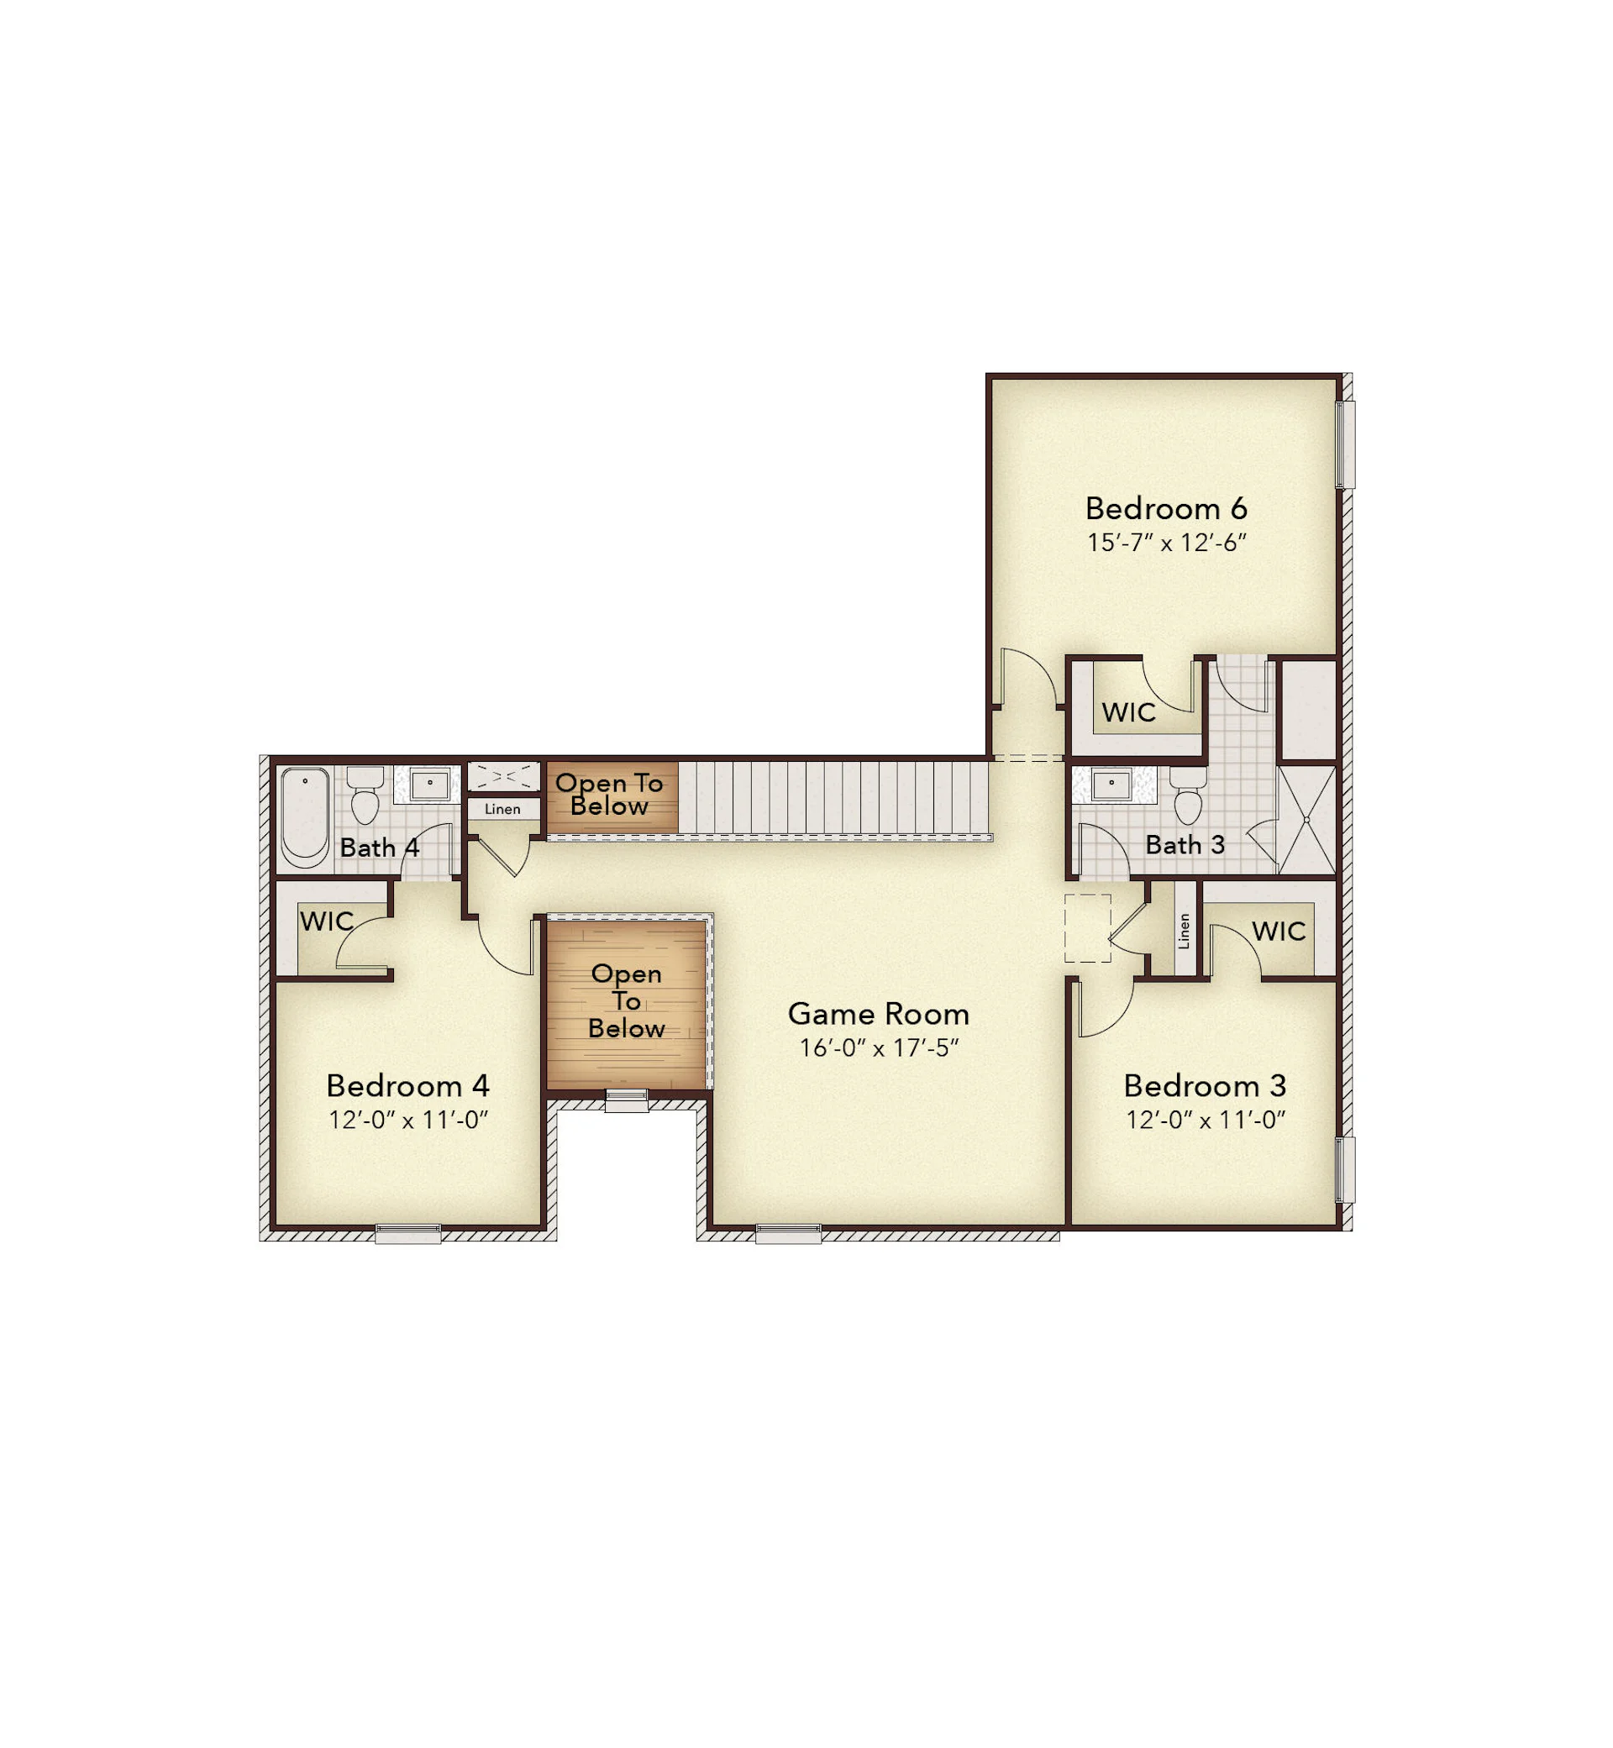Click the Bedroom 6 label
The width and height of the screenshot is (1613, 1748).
click(1166, 508)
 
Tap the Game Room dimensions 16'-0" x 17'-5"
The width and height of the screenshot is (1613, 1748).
click(879, 1047)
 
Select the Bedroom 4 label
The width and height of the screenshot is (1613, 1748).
click(407, 1085)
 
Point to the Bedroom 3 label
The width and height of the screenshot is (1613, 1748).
click(1205, 1085)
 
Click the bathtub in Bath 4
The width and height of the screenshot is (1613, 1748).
click(305, 816)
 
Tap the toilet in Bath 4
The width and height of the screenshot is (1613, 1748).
click(365, 795)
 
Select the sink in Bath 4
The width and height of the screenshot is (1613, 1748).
click(429, 784)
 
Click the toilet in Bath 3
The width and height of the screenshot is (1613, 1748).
click(1188, 795)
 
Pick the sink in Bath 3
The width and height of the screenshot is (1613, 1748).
click(1111, 784)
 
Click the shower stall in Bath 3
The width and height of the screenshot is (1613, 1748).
click(1306, 820)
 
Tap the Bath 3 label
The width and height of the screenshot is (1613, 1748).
click(1185, 845)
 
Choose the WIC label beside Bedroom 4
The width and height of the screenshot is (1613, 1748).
click(327, 921)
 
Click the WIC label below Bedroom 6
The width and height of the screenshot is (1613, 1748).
click(1128, 712)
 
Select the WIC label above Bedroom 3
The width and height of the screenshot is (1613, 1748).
click(1279, 932)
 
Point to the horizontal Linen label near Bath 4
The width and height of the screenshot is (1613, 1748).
click(502, 809)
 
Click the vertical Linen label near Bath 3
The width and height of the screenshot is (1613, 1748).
click(1184, 932)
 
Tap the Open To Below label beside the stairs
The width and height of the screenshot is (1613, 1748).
click(609, 794)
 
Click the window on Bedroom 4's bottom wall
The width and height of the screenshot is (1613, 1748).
click(407, 1233)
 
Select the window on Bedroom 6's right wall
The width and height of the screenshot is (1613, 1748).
click(1345, 444)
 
